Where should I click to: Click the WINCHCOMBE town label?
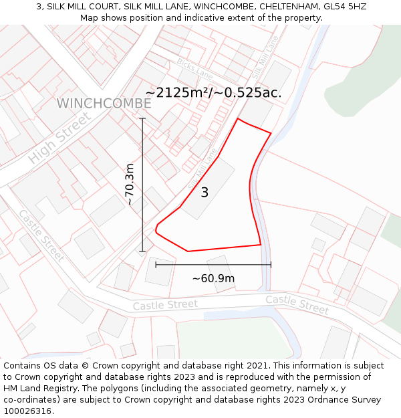[104, 104]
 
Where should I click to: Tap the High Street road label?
[59, 139]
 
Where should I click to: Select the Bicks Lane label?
[194, 68]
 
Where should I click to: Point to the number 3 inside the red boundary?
[205, 193]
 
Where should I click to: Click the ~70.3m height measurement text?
[130, 185]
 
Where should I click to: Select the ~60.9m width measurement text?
[213, 278]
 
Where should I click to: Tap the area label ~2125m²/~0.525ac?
[213, 92]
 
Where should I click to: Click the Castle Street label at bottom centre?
[165, 305]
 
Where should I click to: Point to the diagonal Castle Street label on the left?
[41, 236]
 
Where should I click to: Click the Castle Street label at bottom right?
[297, 304]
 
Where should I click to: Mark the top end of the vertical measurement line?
[142, 118]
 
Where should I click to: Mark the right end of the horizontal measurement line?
[271, 265]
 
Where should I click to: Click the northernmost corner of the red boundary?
[238, 119]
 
